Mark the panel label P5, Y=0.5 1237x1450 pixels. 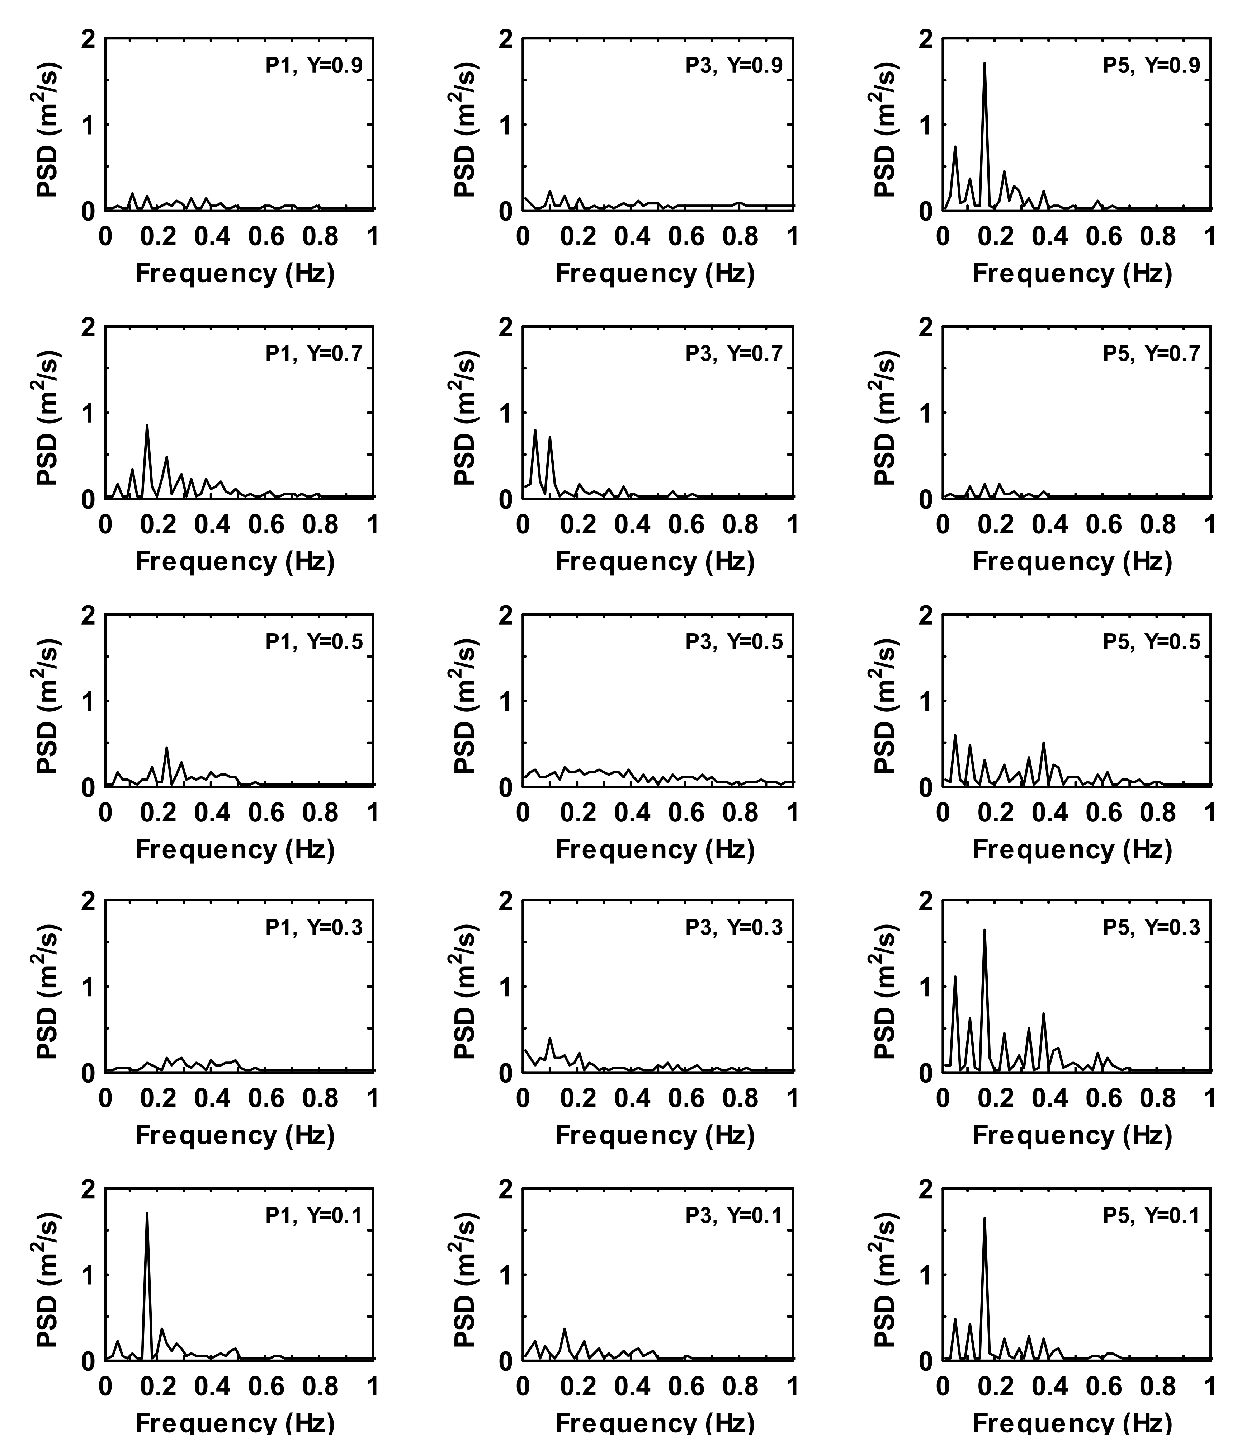pos(1151,642)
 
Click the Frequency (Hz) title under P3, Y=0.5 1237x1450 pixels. pos(655,849)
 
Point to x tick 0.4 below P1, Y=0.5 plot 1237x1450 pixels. pos(212,813)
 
